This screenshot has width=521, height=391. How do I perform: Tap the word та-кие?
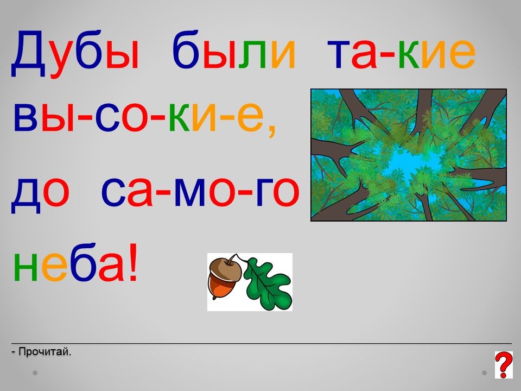click(x=402, y=53)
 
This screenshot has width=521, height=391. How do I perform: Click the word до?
click(x=40, y=192)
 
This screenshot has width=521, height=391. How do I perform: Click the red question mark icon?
click(x=504, y=365)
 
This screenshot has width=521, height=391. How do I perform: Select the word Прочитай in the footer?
click(x=45, y=351)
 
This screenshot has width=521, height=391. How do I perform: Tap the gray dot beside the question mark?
click(x=485, y=373)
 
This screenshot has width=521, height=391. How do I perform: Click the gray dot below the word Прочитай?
click(x=35, y=373)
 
